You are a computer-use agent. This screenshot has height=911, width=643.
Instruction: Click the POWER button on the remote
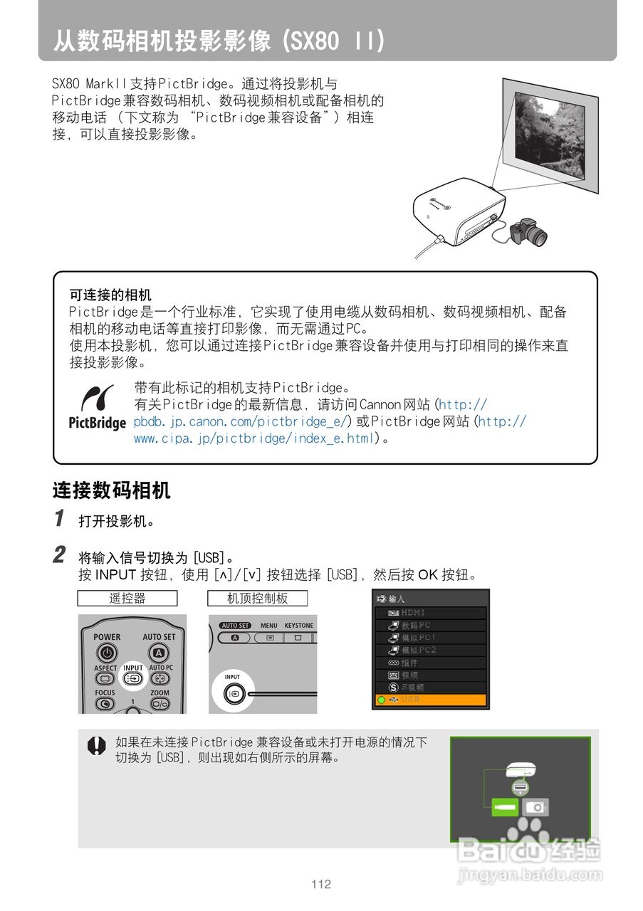107,652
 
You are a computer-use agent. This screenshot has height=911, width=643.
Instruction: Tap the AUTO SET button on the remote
159,652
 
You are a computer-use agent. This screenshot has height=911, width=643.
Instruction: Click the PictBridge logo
97,408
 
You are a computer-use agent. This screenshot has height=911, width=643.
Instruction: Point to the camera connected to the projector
528,232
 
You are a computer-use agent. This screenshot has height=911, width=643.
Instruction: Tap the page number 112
321,885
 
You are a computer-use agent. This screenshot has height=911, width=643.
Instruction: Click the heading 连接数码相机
111,490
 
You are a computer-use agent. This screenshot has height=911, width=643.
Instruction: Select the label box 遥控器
127,599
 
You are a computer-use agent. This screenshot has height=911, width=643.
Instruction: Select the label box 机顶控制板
257,599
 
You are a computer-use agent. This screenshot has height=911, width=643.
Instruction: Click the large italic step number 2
61,554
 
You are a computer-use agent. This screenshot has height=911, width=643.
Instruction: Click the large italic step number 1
61,518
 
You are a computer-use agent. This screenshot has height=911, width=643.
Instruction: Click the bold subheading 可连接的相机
110,294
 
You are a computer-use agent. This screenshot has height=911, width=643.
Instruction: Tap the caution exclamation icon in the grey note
96,745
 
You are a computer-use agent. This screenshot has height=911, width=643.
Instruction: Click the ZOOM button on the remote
160,703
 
